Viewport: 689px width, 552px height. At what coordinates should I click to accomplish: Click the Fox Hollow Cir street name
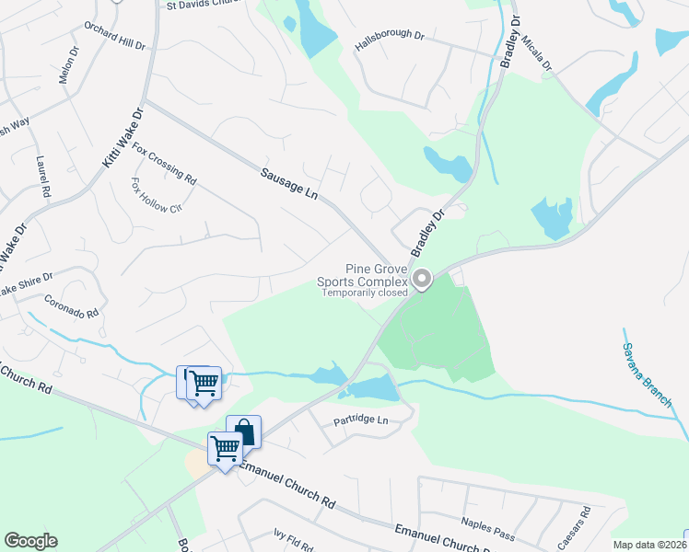pos(156,195)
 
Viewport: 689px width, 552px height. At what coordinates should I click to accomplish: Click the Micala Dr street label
pos(535,54)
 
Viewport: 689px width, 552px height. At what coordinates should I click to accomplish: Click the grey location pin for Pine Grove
pos(422,278)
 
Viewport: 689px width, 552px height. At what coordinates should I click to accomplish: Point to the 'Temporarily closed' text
pos(364,293)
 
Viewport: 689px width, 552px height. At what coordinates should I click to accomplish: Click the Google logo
pos(30,541)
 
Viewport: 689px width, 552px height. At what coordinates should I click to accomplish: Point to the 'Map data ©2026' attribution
pos(650,545)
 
